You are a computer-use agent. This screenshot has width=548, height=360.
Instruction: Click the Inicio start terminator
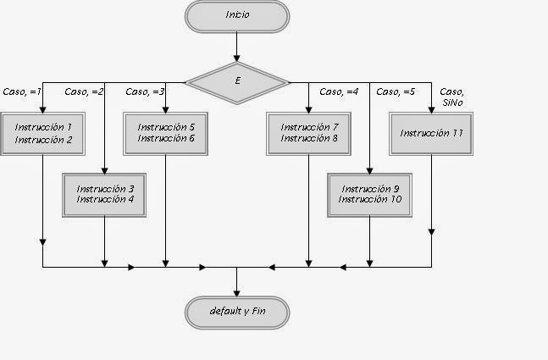236,15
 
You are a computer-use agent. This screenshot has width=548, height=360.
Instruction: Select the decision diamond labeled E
236,83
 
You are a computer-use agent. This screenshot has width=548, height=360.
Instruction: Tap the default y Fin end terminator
236,312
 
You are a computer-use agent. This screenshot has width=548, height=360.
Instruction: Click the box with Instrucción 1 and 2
43,133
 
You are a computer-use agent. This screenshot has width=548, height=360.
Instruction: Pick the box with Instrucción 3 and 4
105,194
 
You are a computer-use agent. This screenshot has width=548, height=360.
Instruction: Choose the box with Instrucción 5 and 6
166,133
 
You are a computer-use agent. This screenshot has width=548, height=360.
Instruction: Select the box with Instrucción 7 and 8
308,133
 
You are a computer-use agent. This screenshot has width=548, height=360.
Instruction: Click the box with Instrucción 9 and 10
369,194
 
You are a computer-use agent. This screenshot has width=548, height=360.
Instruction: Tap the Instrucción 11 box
431,133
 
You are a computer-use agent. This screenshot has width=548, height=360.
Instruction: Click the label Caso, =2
84,91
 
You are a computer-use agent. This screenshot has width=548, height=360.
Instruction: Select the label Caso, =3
146,91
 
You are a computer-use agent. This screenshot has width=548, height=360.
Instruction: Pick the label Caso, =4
339,91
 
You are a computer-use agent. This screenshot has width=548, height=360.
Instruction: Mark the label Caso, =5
396,91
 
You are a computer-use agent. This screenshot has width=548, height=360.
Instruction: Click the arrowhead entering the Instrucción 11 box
433,108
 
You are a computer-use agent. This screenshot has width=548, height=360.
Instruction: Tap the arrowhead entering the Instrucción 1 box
43,108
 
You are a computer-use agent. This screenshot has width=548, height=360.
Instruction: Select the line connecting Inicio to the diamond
236,47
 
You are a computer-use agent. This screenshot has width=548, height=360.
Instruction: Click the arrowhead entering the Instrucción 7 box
308,108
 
